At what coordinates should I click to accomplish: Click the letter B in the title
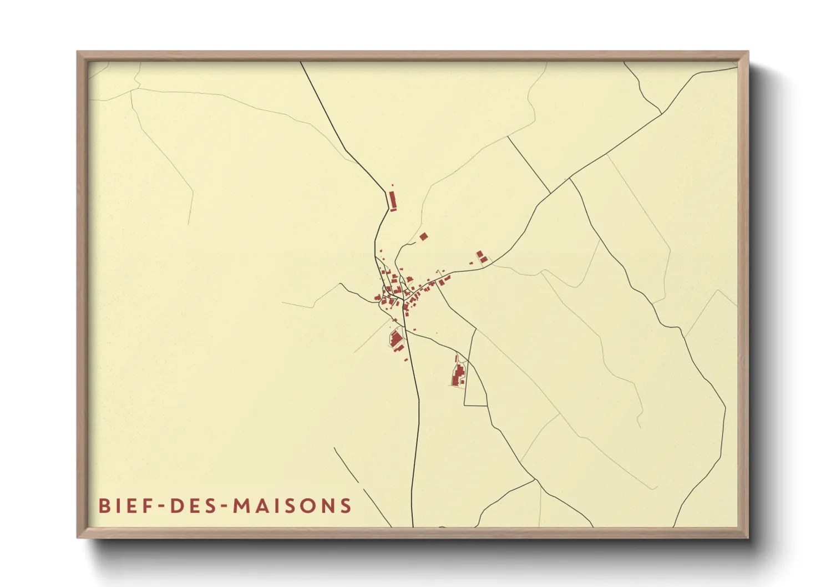[x=104, y=506]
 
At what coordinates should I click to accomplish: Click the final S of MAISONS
[x=347, y=506]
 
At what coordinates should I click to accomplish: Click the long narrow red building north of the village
[x=393, y=200]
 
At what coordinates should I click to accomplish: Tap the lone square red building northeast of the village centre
[x=423, y=236]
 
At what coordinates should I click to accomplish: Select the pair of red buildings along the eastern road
[x=482, y=257]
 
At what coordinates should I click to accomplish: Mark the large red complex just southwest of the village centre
[x=397, y=338]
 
